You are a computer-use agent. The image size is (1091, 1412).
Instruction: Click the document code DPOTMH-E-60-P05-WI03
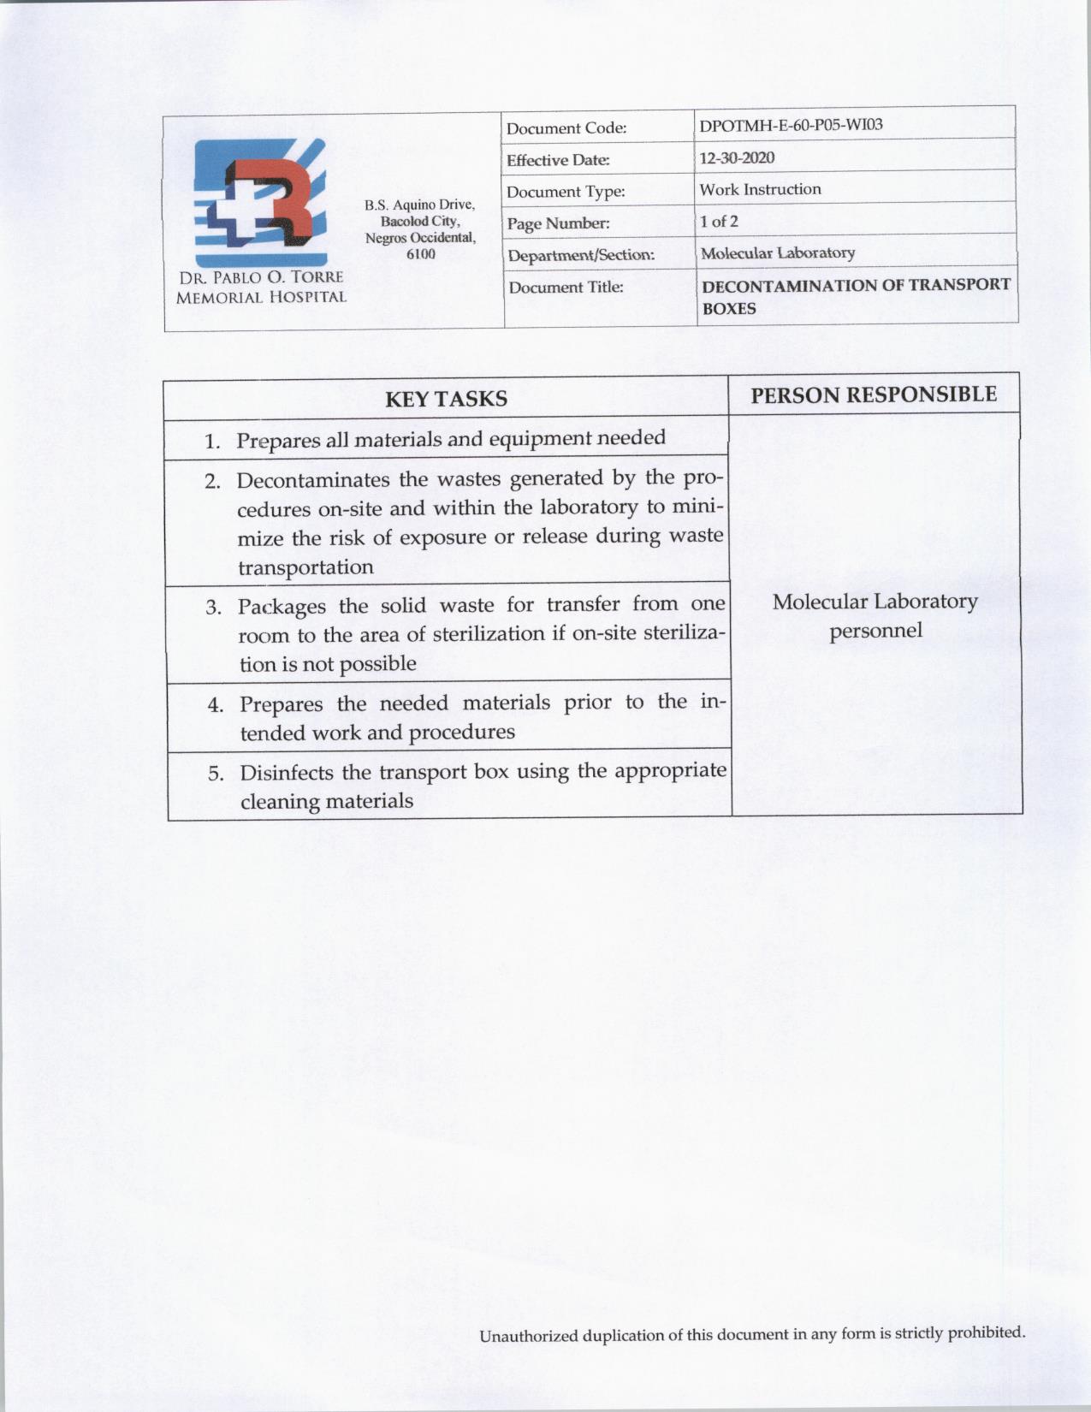point(791,125)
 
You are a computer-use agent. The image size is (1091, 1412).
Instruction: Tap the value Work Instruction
point(760,189)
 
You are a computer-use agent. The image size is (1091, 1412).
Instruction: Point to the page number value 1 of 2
point(719,221)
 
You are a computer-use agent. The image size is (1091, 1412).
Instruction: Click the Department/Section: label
point(580,255)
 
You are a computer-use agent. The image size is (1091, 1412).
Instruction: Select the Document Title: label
point(566,288)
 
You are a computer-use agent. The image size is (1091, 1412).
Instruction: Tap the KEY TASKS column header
point(446,399)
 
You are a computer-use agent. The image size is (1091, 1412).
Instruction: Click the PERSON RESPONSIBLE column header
point(874,394)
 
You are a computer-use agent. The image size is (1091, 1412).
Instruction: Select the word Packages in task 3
point(282,607)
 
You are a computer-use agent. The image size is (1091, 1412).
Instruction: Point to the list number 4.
point(216,706)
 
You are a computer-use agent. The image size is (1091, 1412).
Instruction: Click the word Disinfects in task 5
point(287,773)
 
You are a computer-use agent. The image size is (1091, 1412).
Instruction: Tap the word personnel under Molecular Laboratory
point(875,632)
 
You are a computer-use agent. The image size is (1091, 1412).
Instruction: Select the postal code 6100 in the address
point(420,254)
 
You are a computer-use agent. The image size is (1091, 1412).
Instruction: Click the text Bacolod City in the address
point(420,222)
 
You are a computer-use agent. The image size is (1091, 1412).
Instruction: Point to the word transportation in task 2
point(305,567)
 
